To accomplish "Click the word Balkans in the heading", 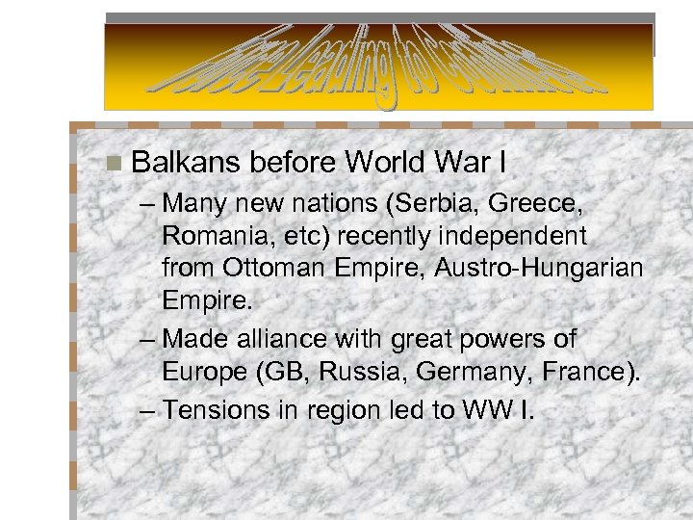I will tap(186, 162).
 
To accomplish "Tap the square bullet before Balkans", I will tap(115, 163).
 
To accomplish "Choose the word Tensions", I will tap(217, 410).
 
